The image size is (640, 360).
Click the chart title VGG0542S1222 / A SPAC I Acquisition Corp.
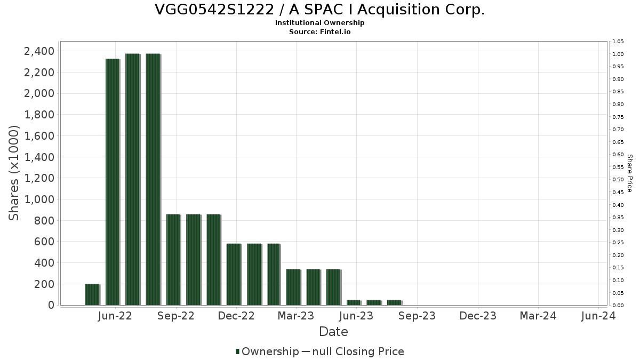point(319,10)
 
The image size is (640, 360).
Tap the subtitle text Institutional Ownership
point(319,23)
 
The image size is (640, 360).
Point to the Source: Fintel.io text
point(319,31)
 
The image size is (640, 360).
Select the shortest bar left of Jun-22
point(92,294)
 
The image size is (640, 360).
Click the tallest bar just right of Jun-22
point(132,179)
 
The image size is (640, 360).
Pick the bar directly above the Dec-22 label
point(234,274)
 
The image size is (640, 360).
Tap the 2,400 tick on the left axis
point(39,51)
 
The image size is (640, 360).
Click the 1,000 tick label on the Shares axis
point(39,199)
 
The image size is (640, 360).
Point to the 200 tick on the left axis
point(44,284)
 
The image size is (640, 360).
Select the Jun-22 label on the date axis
point(115,316)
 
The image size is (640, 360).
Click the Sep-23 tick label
point(417,316)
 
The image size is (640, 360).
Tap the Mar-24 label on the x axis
point(538,316)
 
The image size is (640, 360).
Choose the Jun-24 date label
point(598,316)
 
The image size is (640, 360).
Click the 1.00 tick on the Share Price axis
point(618,54)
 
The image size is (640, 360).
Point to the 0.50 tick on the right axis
point(618,180)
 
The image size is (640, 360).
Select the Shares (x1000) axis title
point(14,173)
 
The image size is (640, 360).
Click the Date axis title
point(333,332)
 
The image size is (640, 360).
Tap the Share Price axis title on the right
point(629,173)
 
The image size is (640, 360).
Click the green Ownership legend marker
point(237,351)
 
